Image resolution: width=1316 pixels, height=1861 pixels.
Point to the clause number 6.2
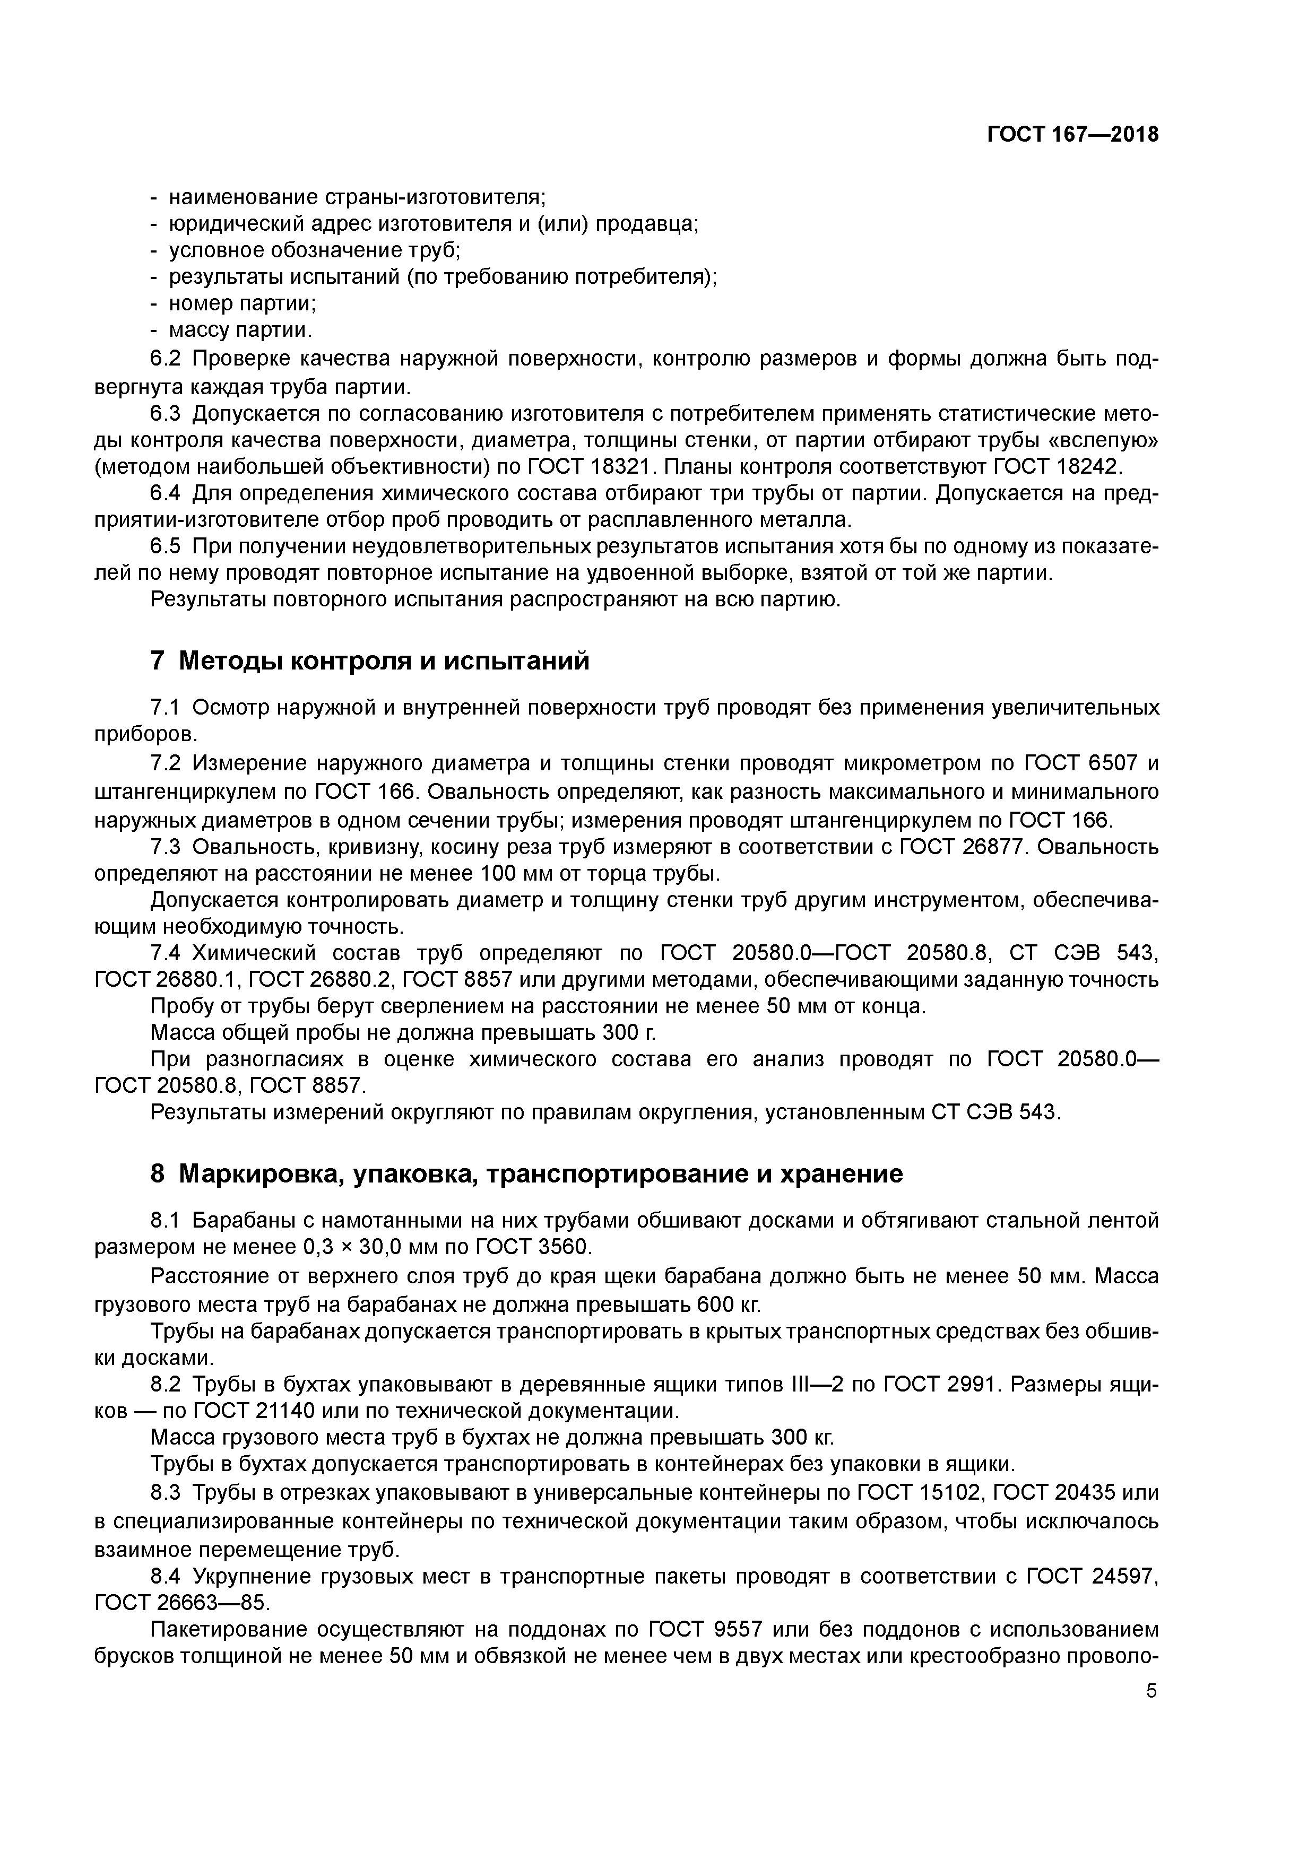coord(168,359)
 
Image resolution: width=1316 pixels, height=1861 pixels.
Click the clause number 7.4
coord(168,952)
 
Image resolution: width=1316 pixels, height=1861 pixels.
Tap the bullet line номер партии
coord(241,304)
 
